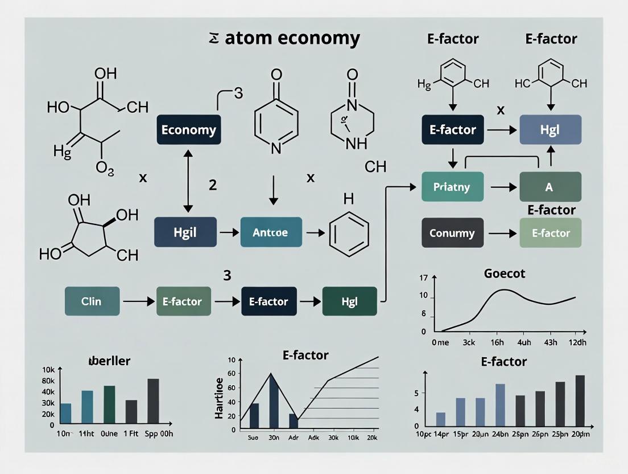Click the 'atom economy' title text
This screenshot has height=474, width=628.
pos(292,38)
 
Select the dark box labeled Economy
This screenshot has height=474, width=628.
pos(188,129)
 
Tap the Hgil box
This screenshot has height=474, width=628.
pos(185,232)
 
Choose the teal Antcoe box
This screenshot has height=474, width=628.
pos(271,232)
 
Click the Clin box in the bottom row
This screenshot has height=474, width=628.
pos(92,301)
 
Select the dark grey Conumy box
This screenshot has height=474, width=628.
pos(452,232)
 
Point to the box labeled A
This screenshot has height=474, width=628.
pos(549,186)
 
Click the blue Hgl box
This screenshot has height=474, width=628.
pos(550,129)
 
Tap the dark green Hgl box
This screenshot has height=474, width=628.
pos(349,301)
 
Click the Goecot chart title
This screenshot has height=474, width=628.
pos(505,273)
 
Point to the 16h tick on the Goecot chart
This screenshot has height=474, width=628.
pos(497,343)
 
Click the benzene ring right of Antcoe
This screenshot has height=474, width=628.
pos(349,232)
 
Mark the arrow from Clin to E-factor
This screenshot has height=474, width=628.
pos(137,301)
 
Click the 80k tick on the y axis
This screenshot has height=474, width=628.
pos(48,381)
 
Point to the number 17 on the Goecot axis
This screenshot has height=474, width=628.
pos(423,279)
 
